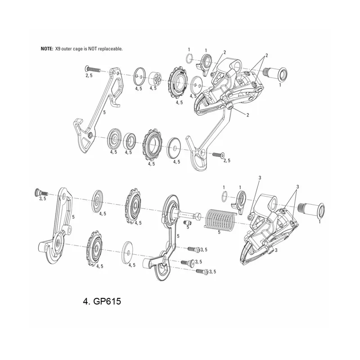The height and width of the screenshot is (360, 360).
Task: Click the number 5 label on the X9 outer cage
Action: (104, 112)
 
